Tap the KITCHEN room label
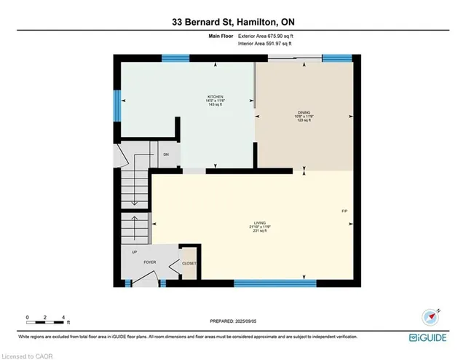(214, 96)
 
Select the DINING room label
(304, 112)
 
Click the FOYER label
(150, 259)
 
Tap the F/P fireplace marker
(345, 211)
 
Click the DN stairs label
(165, 154)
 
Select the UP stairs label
(134, 253)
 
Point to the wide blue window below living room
(275, 283)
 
